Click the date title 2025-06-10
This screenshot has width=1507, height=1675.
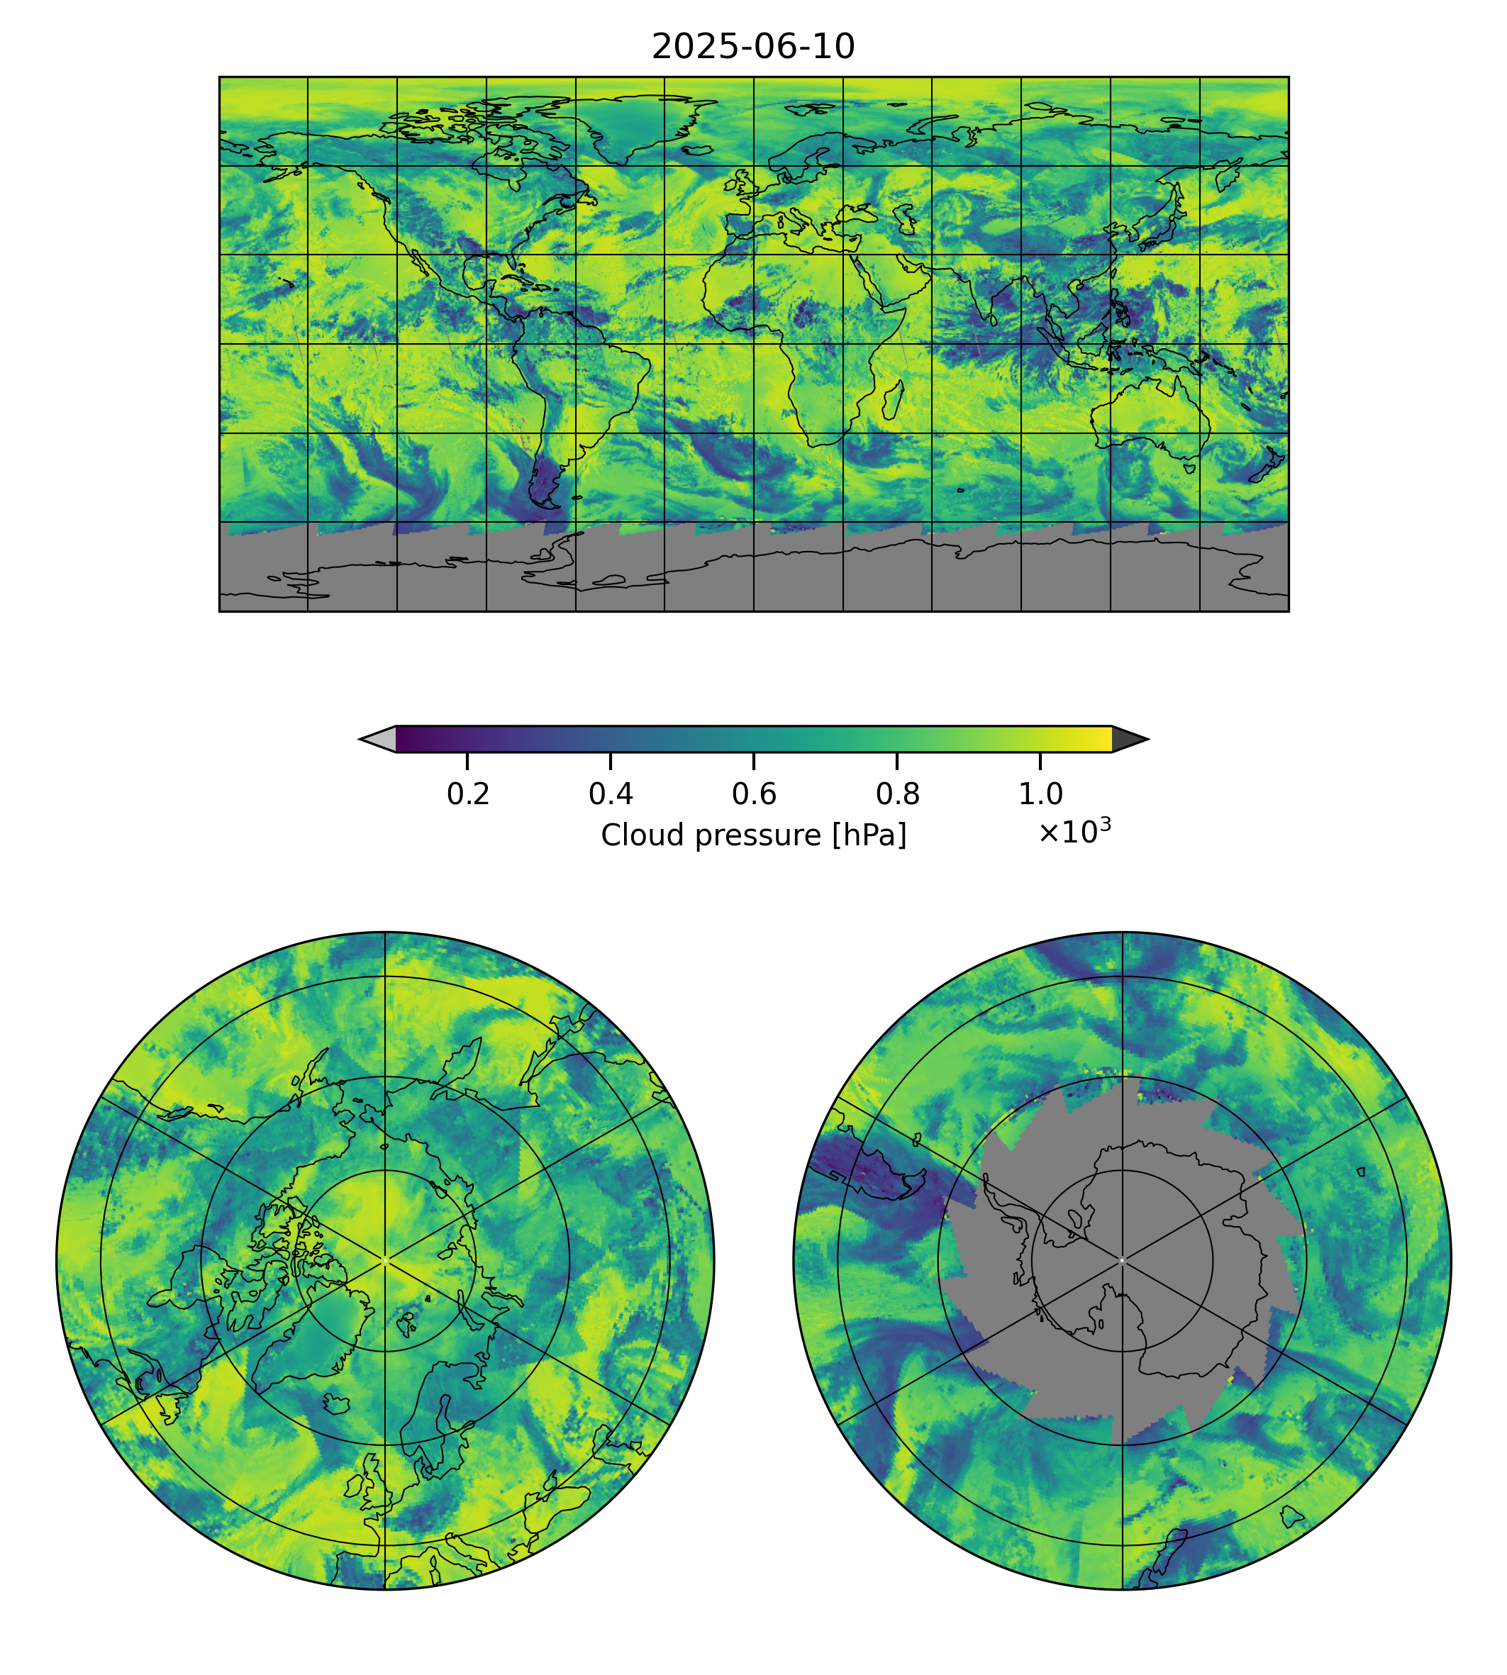tap(752, 48)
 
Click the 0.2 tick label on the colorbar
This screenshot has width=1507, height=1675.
tap(468, 794)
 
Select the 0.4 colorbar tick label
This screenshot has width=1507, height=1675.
tap(611, 794)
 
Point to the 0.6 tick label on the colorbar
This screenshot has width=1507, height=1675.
tap(753, 794)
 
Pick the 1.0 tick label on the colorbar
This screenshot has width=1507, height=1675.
tap(1040, 794)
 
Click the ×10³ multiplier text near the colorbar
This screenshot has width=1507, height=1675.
tap(1074, 831)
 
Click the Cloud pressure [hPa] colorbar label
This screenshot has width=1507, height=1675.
tap(752, 835)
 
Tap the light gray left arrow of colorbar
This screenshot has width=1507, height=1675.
tap(379, 738)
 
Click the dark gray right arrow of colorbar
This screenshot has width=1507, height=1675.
tap(1128, 738)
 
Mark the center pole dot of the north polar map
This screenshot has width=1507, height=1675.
tap(385, 1260)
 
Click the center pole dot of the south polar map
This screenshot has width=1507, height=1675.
tap(1122, 1260)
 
